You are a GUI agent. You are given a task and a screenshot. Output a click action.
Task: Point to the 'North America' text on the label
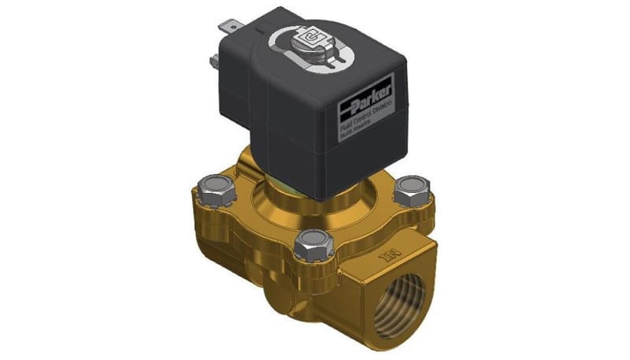(354, 134)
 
